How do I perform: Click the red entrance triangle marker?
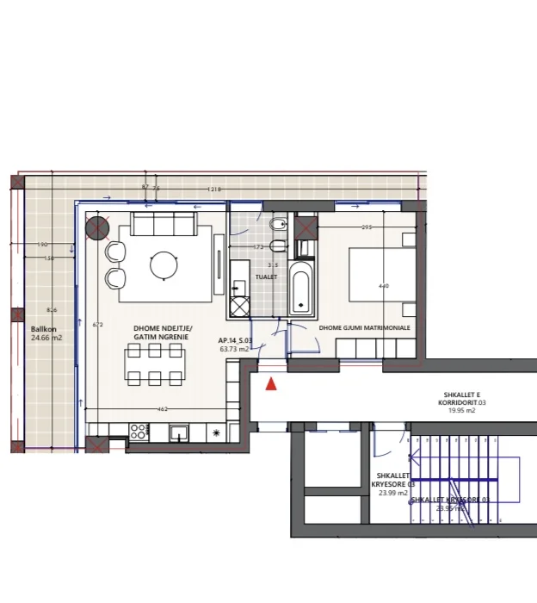pos(271,384)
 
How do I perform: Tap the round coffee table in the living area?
pos(164,265)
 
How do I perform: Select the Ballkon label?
pos(44,329)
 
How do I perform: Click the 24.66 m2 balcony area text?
pos(46,339)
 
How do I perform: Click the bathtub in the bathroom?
pos(301,288)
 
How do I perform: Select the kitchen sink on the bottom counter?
pos(179,432)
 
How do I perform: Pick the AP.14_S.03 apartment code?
pos(234,340)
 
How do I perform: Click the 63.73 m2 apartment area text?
pos(234,350)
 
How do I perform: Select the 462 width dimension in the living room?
pos(163,409)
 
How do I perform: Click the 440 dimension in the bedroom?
pos(384,286)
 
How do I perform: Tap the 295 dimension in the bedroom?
pos(367,228)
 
